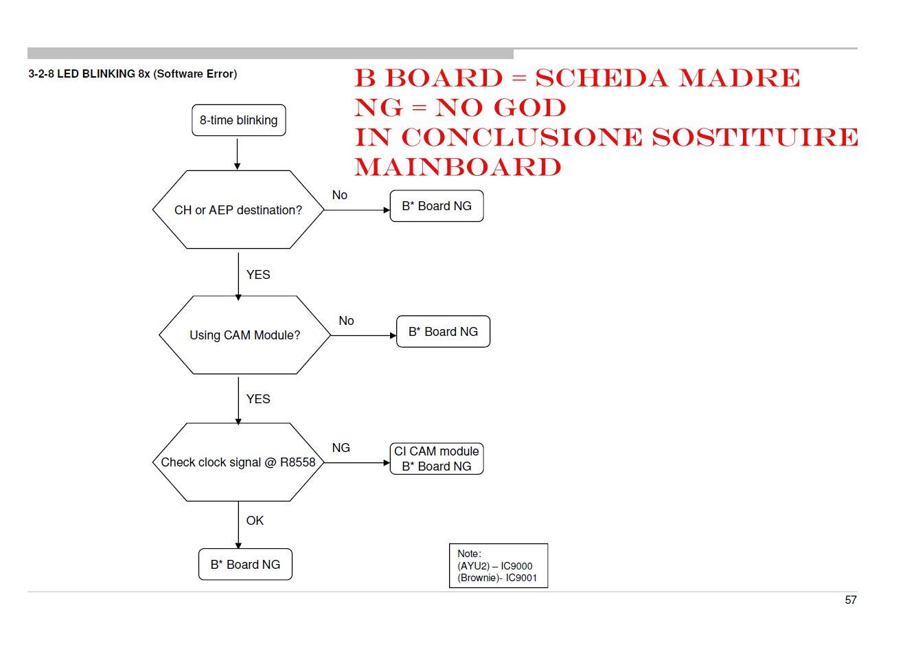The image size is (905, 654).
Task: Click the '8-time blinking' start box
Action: (x=238, y=120)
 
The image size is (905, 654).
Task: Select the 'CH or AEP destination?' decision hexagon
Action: (x=238, y=210)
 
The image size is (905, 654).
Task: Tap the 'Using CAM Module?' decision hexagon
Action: (x=244, y=335)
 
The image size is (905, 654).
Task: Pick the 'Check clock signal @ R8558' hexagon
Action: (x=238, y=462)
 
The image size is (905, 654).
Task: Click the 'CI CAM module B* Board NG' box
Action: (x=436, y=459)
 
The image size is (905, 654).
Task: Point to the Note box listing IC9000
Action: (x=498, y=565)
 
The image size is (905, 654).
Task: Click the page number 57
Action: (x=850, y=600)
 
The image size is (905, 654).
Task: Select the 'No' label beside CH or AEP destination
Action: (x=339, y=195)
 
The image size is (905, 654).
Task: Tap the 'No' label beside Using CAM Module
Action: (x=346, y=321)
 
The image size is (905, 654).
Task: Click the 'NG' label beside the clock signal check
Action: (x=341, y=448)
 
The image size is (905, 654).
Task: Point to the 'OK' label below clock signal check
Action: (x=255, y=521)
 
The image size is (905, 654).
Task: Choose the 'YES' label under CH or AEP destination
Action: (x=258, y=275)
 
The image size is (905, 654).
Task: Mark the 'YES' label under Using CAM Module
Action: (x=258, y=399)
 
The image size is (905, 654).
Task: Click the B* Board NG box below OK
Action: (x=245, y=565)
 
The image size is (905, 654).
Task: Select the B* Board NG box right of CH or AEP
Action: (x=436, y=206)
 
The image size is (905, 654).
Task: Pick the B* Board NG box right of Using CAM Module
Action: (x=443, y=332)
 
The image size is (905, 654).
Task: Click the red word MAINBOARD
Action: (x=458, y=167)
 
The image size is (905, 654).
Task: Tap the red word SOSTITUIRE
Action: (x=754, y=137)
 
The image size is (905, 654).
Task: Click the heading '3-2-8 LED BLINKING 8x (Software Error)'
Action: (x=133, y=74)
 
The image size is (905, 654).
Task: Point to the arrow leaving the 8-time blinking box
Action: (x=238, y=153)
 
